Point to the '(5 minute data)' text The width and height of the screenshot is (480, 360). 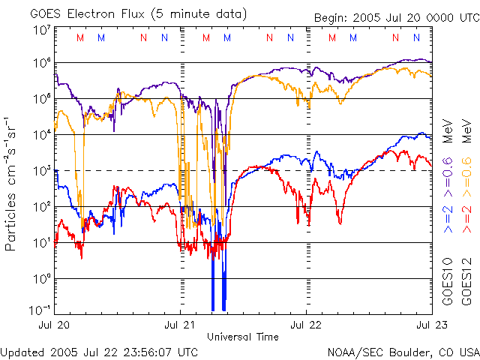tap(203, 13)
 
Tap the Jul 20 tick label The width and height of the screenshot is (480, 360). tap(55, 325)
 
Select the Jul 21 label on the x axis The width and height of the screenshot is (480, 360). tap(181, 325)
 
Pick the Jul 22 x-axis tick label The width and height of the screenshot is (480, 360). tap(307, 325)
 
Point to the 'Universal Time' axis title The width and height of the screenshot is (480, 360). tap(243, 337)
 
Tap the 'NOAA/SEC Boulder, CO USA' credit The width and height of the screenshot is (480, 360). tap(403, 351)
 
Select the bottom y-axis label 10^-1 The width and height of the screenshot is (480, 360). tap(40, 310)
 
